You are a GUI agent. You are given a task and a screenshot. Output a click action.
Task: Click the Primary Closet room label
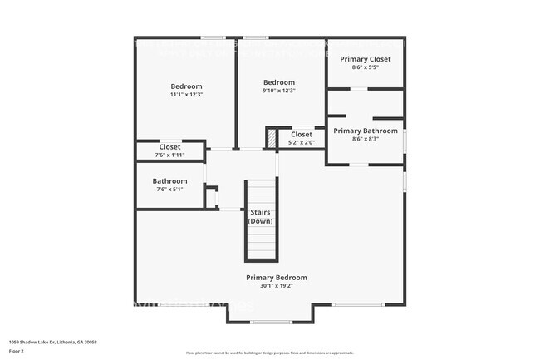point(365,59)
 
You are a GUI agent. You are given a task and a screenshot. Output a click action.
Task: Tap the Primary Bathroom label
point(365,131)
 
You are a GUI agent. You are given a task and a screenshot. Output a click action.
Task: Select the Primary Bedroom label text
point(277,278)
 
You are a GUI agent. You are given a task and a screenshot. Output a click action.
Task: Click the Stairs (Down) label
point(260,217)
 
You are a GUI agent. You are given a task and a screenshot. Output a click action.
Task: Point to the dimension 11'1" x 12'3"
point(186,95)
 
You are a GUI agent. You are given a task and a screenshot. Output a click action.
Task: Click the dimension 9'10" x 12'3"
point(278,91)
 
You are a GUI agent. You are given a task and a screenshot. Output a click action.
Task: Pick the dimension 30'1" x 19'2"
point(277,286)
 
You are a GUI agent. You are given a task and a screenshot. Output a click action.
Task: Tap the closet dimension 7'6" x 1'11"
point(169,155)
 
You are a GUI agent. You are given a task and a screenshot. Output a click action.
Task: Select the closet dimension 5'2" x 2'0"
point(302,141)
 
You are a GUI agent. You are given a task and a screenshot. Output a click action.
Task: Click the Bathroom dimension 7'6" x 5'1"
point(169,189)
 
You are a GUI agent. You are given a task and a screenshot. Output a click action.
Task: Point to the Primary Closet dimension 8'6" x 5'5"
point(365,67)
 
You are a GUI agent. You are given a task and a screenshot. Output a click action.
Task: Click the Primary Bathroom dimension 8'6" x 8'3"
point(365,139)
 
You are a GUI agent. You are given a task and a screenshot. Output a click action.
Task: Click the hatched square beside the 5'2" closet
point(271,137)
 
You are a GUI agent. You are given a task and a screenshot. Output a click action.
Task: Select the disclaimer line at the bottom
point(270,354)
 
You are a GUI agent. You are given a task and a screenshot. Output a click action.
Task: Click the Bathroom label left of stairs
point(169,181)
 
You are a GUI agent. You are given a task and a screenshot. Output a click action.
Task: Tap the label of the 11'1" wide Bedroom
point(186,86)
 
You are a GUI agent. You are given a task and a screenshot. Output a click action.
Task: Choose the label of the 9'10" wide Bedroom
point(278,82)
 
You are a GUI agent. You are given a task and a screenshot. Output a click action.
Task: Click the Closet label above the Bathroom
point(169,147)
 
